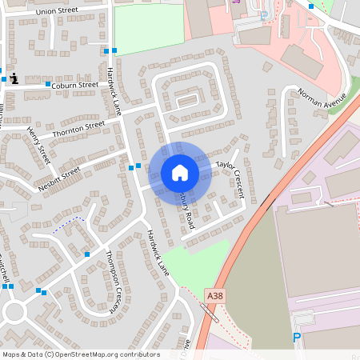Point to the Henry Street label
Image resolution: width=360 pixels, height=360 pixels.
[38, 146]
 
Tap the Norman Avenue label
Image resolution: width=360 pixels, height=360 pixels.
[321, 99]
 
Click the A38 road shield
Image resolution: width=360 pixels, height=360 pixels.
[214, 295]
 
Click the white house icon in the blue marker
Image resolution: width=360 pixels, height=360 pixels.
[180, 173]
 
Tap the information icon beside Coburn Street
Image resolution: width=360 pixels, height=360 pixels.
[16, 78]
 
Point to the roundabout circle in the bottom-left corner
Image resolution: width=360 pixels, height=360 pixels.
[15, 311]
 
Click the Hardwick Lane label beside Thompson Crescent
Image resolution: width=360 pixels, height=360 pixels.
[158, 249]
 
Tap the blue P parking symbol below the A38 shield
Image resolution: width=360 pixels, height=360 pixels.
[297, 338]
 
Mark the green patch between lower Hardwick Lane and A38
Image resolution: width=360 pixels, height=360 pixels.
[197, 260]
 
